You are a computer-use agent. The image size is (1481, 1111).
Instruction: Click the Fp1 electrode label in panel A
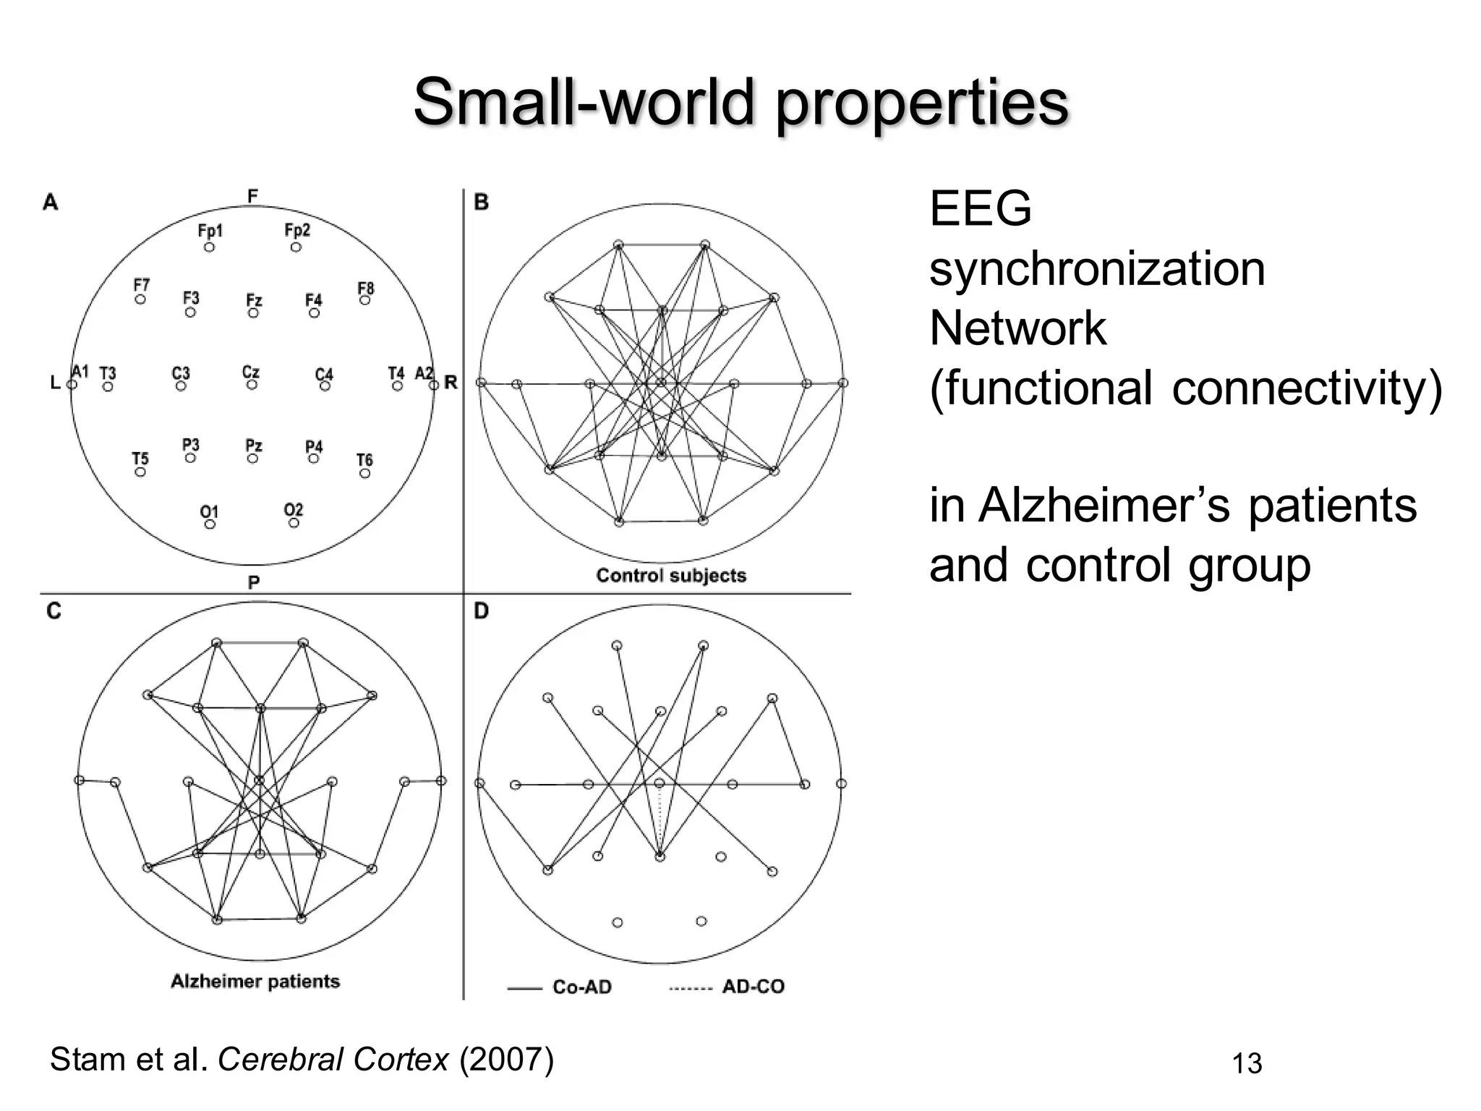210,231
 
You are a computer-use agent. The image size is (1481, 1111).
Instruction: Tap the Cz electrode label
251,372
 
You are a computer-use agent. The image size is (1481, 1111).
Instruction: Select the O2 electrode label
294,510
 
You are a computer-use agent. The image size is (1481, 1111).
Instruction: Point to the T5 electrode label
140,459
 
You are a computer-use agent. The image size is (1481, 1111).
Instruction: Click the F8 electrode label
366,288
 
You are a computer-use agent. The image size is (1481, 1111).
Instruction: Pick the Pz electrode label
254,446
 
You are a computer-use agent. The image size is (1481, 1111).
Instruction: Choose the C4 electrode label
324,374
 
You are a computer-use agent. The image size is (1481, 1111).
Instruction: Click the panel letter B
482,203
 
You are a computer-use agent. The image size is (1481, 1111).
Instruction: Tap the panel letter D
482,612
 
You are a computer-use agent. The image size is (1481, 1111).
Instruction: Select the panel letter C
54,612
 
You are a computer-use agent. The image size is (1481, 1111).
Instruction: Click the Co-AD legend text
582,987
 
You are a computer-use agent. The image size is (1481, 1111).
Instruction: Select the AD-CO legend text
753,987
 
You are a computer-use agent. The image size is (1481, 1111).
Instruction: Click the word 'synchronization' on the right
1097,269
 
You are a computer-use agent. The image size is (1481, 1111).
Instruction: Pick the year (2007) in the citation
506,1060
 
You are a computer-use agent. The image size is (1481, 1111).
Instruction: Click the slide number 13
1247,1064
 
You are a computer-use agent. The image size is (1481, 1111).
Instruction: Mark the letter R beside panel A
451,382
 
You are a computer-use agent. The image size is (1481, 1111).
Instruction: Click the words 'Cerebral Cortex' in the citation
333,1060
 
